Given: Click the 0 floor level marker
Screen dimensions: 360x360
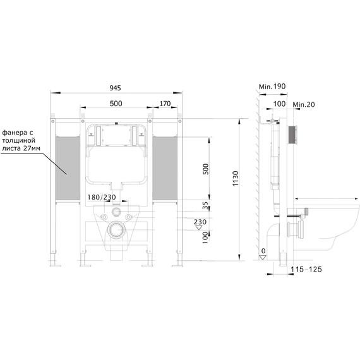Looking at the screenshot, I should tap(262, 251).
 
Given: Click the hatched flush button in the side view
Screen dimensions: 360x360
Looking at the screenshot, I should tap(292, 135).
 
